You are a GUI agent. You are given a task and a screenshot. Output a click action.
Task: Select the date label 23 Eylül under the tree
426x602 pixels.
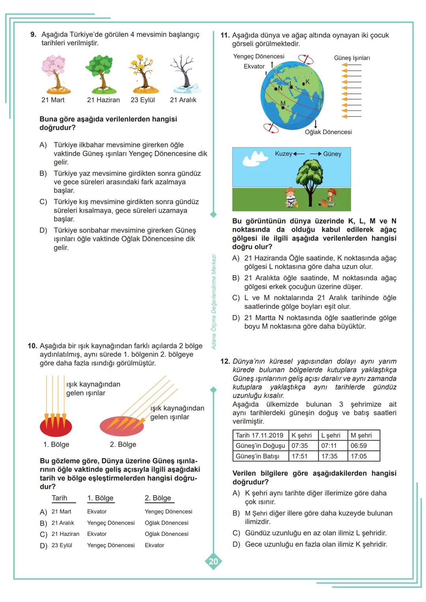pyautogui.click(x=143, y=100)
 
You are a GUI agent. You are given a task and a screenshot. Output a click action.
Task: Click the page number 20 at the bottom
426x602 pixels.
pyautogui.click(x=213, y=561)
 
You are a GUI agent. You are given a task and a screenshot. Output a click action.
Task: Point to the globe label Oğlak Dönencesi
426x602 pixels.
pyautogui.click(x=328, y=132)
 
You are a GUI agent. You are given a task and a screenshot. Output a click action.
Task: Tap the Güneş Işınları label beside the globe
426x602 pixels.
pyautogui.click(x=352, y=58)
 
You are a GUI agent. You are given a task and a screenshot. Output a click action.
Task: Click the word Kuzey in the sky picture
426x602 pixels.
pyautogui.click(x=283, y=154)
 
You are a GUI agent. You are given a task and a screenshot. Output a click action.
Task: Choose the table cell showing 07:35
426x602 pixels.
pyautogui.click(x=300, y=446)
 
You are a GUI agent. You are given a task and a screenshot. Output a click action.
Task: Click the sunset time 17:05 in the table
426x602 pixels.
pyautogui.click(x=359, y=456)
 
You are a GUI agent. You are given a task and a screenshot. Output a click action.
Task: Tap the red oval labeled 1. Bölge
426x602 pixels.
pyautogui.click(x=56, y=426)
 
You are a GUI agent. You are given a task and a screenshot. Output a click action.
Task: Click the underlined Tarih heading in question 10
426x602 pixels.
pyautogui.click(x=60, y=498)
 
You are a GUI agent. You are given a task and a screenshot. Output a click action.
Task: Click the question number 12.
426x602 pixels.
pyautogui.click(x=225, y=361)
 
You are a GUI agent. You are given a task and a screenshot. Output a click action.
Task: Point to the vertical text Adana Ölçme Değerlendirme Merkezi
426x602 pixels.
pyautogui.click(x=214, y=302)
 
